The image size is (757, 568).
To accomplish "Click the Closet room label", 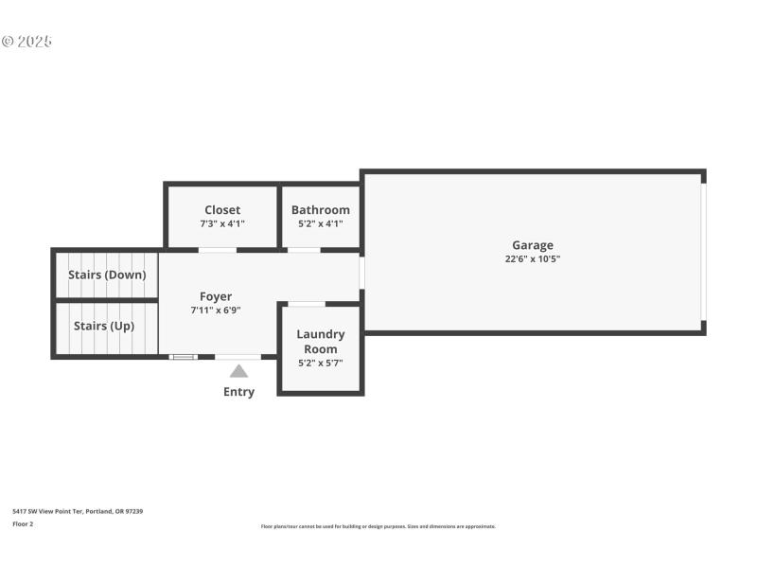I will (x=222, y=210).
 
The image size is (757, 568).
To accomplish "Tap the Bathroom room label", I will (x=321, y=210).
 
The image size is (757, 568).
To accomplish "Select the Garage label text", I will (x=533, y=245).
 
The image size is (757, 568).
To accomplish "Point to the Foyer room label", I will (x=216, y=296).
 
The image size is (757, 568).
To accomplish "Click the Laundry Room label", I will (x=321, y=342).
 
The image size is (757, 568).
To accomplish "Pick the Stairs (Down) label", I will (x=107, y=275).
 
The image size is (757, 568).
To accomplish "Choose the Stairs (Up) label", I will (x=104, y=326).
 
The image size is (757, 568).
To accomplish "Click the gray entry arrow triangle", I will (x=238, y=371).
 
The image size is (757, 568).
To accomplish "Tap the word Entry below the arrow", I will (x=238, y=392).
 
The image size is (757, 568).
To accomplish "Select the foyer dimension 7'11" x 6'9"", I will (x=216, y=311).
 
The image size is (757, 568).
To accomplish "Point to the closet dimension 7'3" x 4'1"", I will (x=222, y=224).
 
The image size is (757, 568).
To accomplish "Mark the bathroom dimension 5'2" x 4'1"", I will (x=321, y=224).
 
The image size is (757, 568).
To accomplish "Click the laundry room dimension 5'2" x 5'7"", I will (x=321, y=363).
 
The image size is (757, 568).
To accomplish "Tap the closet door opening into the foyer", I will (x=217, y=250).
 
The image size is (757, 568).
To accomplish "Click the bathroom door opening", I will (x=304, y=250).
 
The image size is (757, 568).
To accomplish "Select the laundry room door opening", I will (x=307, y=304).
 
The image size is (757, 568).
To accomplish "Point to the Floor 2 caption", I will (x=23, y=524).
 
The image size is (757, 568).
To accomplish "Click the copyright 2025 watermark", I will (x=26, y=42).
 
